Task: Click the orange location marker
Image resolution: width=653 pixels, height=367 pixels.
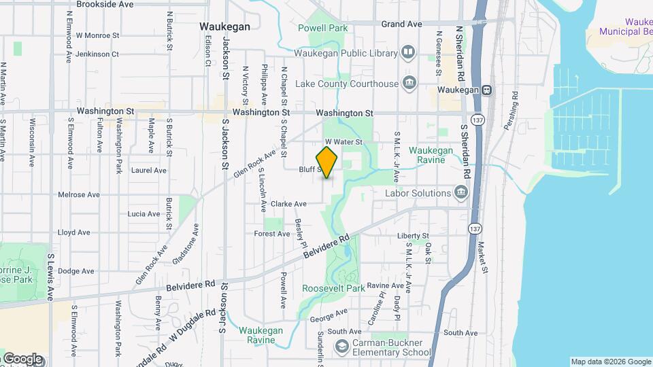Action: pos(326,162)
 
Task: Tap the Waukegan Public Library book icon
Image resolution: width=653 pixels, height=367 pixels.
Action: pos(408,52)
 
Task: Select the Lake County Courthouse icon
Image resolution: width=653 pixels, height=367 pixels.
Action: pos(409,84)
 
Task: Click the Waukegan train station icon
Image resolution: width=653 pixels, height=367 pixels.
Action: pos(487,90)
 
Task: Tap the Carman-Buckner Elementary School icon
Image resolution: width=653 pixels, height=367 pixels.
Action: pos(341,347)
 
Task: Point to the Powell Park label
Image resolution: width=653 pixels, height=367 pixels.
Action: pos(323,28)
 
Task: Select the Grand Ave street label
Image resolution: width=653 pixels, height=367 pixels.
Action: pos(401,24)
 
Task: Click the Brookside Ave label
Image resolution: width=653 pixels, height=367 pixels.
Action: pos(105,4)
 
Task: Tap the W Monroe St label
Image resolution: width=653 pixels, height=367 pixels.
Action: pos(97,35)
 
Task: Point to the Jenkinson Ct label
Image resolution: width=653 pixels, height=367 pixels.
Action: pos(97,54)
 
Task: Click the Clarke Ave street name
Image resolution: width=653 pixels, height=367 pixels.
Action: pos(288,203)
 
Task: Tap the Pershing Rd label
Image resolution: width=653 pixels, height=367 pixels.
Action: pos(515,102)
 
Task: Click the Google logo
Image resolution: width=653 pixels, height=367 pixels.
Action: pos(22,359)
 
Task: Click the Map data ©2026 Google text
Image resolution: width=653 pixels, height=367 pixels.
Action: pos(610,362)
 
